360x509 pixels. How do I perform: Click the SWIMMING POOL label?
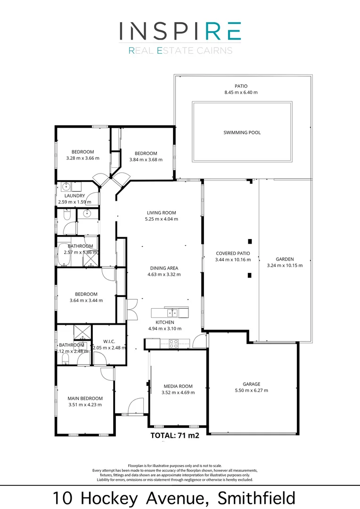242,133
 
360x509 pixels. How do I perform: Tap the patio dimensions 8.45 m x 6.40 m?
241,93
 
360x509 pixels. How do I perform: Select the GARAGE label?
251,384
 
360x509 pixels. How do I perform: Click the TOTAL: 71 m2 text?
174,435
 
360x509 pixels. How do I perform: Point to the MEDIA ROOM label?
178,386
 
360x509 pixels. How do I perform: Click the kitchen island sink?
173,312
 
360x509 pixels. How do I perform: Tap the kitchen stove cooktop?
173,343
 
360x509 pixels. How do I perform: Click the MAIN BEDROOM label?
85,398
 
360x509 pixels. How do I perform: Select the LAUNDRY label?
74,196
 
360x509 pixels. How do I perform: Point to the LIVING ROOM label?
161,213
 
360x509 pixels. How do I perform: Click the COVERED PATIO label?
233,253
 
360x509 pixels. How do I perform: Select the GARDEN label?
285,259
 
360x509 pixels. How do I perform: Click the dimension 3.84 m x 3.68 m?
146,160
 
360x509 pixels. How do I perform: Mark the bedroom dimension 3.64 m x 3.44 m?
86,300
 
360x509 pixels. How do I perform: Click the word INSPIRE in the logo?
180,31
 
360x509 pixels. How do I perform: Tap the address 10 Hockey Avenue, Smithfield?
174,498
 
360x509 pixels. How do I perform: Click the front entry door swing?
136,406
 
